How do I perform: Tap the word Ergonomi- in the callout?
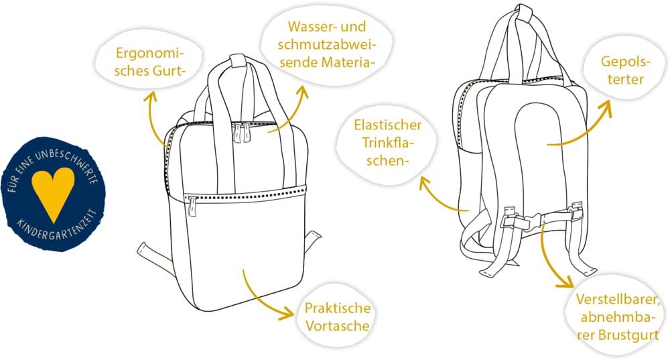tap(149, 54)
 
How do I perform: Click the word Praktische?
tap(338, 308)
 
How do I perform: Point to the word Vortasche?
tap(338, 326)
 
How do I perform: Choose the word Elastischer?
tap(388, 125)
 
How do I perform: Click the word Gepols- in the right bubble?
tap(626, 62)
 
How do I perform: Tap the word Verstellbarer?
tap(618, 299)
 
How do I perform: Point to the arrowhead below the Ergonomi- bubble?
tap(150, 96)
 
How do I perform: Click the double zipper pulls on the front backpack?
tap(241, 133)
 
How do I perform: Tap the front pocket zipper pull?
tap(192, 207)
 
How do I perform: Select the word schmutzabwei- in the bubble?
tap(328, 44)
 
